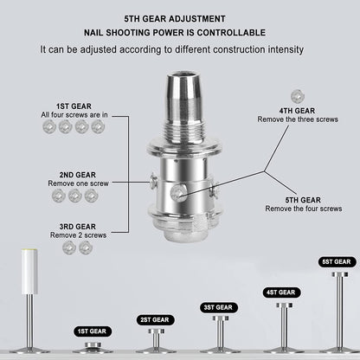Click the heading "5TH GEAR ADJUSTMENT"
point(175,19)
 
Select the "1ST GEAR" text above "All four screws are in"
point(74,106)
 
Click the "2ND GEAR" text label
point(78,175)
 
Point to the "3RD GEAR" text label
point(78,227)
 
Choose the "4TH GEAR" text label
point(297,111)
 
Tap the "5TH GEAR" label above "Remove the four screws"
point(303,200)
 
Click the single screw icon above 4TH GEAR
point(298,96)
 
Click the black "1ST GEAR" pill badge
point(93,331)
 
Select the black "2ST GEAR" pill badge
point(155,320)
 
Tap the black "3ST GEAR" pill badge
point(219,307)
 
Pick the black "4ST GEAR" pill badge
point(281,292)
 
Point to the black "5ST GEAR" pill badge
point(337,262)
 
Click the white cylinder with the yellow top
point(29,271)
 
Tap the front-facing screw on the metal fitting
point(177,193)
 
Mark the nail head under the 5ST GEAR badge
point(340,274)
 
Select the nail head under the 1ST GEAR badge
point(93,344)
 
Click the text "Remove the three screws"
point(298,119)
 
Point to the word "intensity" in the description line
point(286,49)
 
